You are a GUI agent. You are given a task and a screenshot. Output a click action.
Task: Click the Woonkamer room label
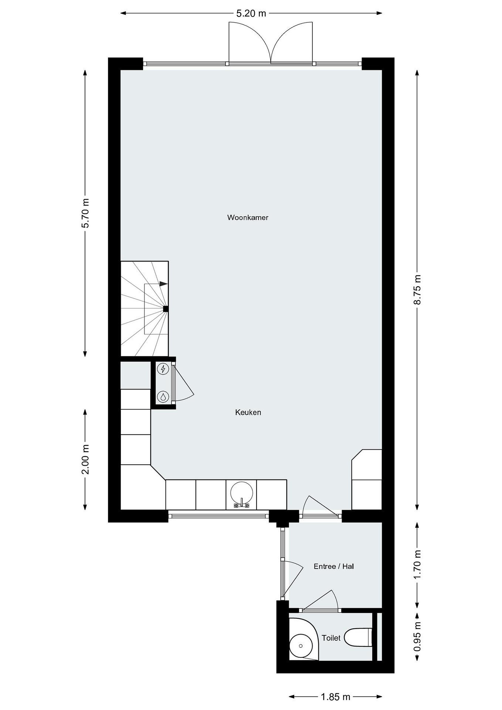[x=248, y=217]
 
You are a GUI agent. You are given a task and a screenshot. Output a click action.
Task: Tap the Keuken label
[x=248, y=412]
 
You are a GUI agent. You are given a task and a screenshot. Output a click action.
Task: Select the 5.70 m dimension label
[x=85, y=213]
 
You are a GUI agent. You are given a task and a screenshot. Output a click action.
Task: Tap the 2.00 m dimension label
[x=85, y=459]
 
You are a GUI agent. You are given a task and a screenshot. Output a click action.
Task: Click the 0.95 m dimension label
[x=417, y=637]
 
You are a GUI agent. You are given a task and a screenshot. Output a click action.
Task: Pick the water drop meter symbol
[x=163, y=396]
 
